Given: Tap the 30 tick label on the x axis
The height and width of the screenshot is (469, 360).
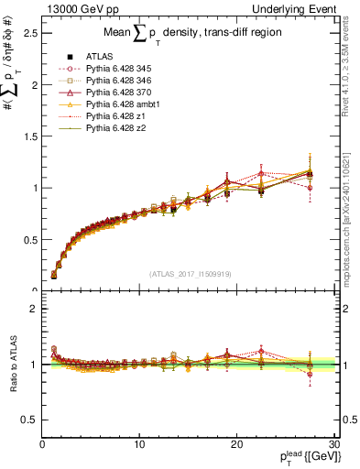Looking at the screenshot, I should pyautogui.click(x=334, y=444).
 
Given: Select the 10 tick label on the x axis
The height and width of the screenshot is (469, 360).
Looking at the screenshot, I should pyautogui.click(x=139, y=444).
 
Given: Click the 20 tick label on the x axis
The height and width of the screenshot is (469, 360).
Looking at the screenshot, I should pyautogui.click(x=237, y=444).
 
